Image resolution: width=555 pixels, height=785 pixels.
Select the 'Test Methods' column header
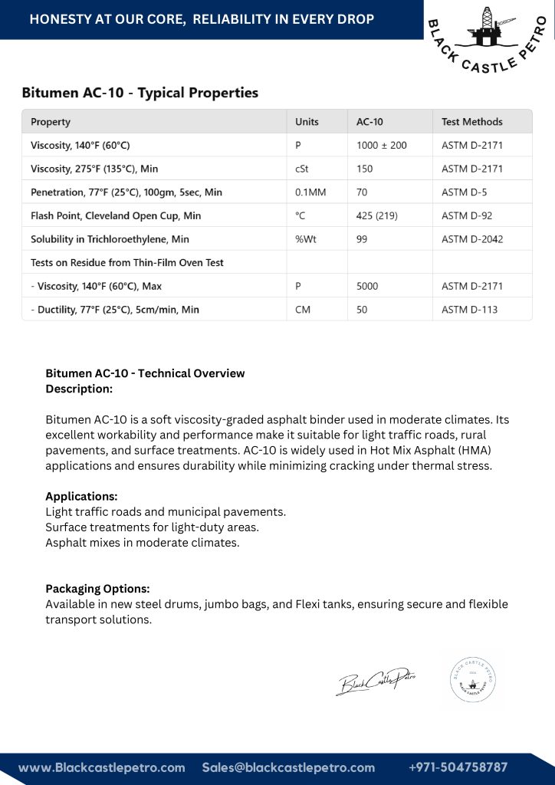pos(471,122)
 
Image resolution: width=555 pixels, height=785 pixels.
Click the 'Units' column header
pos(307,122)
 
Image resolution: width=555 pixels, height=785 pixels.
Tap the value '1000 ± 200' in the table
pos(382,145)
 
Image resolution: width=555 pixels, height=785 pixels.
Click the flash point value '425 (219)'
pos(376,215)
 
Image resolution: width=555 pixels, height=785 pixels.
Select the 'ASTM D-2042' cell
pos(472,239)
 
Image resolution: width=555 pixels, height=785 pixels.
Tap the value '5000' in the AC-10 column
pos(367,286)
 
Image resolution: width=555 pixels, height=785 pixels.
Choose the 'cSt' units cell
pos(302,169)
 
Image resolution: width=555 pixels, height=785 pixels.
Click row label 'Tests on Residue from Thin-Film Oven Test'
pos(127,262)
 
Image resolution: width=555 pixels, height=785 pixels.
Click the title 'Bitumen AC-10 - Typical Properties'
pos(140,93)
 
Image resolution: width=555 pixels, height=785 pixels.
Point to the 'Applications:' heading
pos(81,496)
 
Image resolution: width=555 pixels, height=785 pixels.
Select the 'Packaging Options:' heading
pos(97,589)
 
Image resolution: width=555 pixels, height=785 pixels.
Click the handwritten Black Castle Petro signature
pos(376,681)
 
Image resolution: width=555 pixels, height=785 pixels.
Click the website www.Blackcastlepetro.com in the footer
pos(102,767)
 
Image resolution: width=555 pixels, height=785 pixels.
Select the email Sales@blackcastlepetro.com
pos(288,767)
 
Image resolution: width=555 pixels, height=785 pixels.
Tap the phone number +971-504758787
pos(458,767)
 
